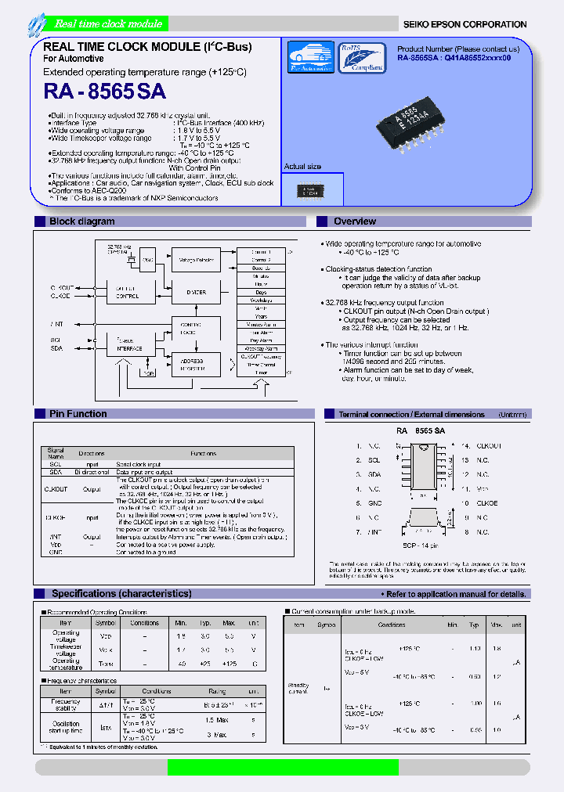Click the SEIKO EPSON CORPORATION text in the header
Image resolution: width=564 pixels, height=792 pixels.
pos(465,24)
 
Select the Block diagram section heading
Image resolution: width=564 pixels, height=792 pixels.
pos(81,222)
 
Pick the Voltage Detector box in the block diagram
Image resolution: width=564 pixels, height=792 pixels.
pos(197,258)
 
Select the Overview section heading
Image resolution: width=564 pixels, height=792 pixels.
pos(354,222)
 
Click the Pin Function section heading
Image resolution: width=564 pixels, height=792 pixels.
pos(78,414)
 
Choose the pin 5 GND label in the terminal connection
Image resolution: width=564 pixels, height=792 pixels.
pos(375,503)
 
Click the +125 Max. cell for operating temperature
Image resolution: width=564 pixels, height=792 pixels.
pos(229,664)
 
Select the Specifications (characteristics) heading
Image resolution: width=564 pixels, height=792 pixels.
pos(121,594)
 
